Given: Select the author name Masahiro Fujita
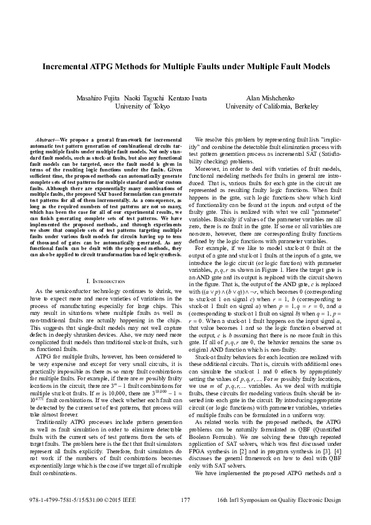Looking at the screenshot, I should coord(97,99).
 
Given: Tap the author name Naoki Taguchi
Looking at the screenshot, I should coord(141,99).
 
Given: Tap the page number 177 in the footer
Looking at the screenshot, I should coord(185,501).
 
